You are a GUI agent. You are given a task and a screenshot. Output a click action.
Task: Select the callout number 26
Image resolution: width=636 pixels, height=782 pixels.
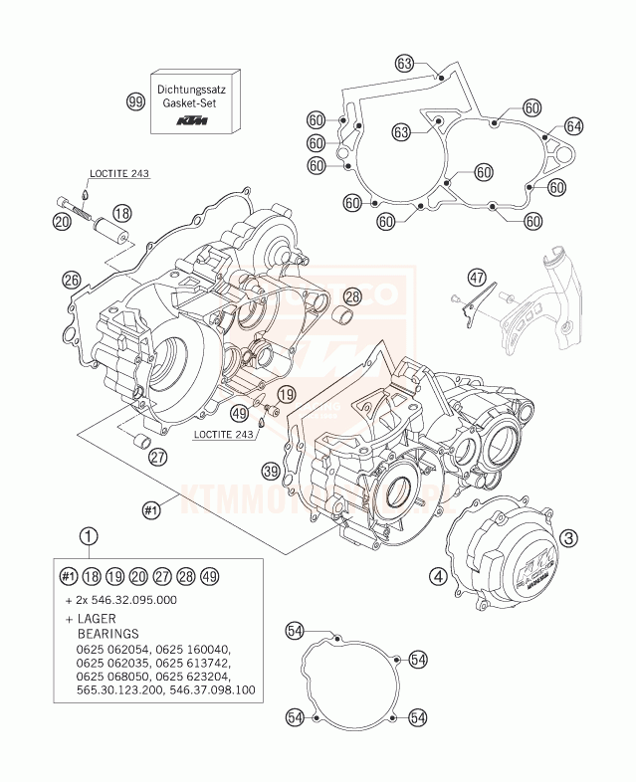click(x=71, y=281)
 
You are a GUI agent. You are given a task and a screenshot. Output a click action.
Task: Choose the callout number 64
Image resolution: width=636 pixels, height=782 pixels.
click(x=573, y=125)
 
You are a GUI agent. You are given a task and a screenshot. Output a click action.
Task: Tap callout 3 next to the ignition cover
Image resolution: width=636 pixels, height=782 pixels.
click(x=568, y=538)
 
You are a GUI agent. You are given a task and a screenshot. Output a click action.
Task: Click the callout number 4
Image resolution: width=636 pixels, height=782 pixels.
click(x=437, y=574)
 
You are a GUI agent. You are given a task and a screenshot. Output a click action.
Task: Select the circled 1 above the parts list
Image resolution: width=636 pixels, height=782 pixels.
click(x=91, y=538)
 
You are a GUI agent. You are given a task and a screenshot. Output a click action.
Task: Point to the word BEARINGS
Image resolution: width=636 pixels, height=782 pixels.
click(x=108, y=633)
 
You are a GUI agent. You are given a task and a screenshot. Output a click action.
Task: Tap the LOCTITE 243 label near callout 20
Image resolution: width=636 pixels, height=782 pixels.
click(x=118, y=174)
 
